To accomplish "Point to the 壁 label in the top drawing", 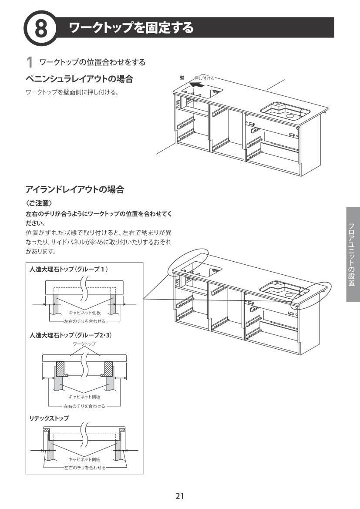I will (x=182, y=78).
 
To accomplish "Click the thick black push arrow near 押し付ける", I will (x=196, y=86).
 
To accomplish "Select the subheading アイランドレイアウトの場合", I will (x=75, y=190).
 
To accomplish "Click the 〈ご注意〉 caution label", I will (x=39, y=203).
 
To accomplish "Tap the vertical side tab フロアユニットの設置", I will (x=353, y=254).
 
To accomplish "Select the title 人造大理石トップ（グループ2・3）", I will (x=71, y=336).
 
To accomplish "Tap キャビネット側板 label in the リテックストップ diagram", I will (x=84, y=459).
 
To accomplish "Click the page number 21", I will (x=180, y=496).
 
